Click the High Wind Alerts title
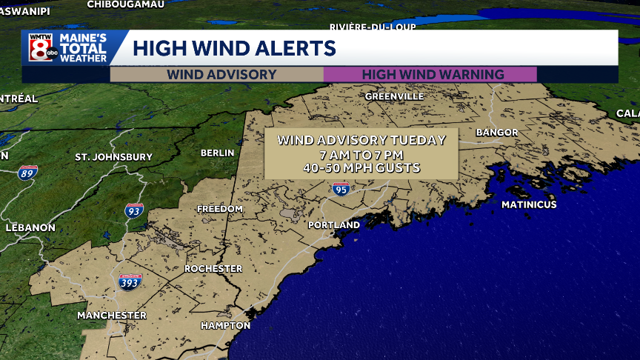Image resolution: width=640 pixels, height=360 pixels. click(x=234, y=49)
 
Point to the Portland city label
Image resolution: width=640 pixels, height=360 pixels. click(x=334, y=224)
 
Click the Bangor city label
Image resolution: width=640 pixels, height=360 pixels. click(x=497, y=133)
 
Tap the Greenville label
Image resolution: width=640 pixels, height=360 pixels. click(x=394, y=96)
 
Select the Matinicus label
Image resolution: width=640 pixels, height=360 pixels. click(x=528, y=204)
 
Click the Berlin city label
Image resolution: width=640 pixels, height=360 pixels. click(x=217, y=153)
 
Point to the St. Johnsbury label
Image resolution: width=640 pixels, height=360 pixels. click(x=113, y=157)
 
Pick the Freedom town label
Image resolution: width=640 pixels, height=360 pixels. click(x=219, y=209)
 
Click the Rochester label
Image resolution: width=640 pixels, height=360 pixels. click(x=213, y=268)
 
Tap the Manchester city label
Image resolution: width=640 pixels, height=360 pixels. click(x=112, y=316)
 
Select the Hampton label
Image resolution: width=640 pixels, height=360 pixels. click(x=225, y=326)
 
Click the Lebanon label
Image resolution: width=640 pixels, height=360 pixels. click(x=30, y=227)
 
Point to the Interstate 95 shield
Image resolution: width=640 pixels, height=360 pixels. click(x=341, y=190)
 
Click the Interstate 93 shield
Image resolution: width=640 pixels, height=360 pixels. click(x=134, y=210)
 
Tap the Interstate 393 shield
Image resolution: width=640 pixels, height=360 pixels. click(x=130, y=281)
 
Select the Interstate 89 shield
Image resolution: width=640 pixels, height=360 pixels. click(x=28, y=173)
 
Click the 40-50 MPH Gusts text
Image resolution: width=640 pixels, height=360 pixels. click(x=361, y=168)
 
